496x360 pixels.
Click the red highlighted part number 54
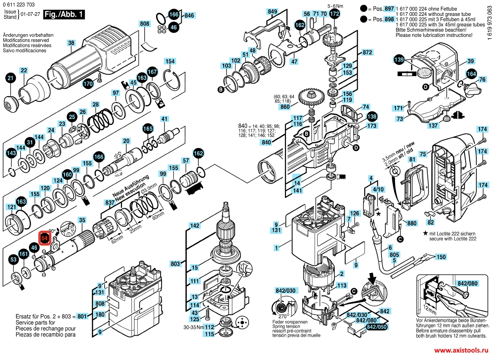44,239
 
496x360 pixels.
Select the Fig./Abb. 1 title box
64,14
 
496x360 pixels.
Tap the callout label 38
71,43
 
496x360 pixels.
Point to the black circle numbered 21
11,78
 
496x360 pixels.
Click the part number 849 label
272,12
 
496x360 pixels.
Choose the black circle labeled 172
334,14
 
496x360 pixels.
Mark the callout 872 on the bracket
367,52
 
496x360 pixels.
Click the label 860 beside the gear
285,106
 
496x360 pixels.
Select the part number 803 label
175,263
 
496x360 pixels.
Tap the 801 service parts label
82,316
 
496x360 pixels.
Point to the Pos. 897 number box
389,8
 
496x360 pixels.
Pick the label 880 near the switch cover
411,223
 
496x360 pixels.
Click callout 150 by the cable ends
441,257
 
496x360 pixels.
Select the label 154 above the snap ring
170,61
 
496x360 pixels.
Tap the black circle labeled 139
399,59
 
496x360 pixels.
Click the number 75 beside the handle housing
423,154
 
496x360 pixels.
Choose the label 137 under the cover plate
433,125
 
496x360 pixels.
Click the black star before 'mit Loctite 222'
425,233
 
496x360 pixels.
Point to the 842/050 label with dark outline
377,327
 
